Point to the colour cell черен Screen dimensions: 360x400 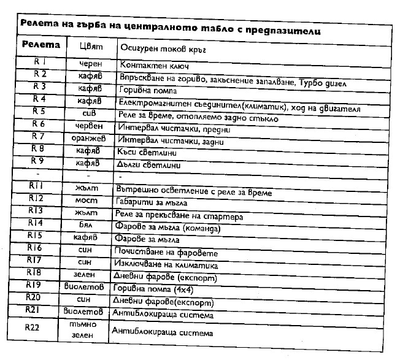(91, 63)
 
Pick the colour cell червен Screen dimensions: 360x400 (90, 123)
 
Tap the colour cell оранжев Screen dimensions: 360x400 (90, 136)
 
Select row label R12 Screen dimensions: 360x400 (36, 199)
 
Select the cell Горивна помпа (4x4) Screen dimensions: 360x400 (150, 288)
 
